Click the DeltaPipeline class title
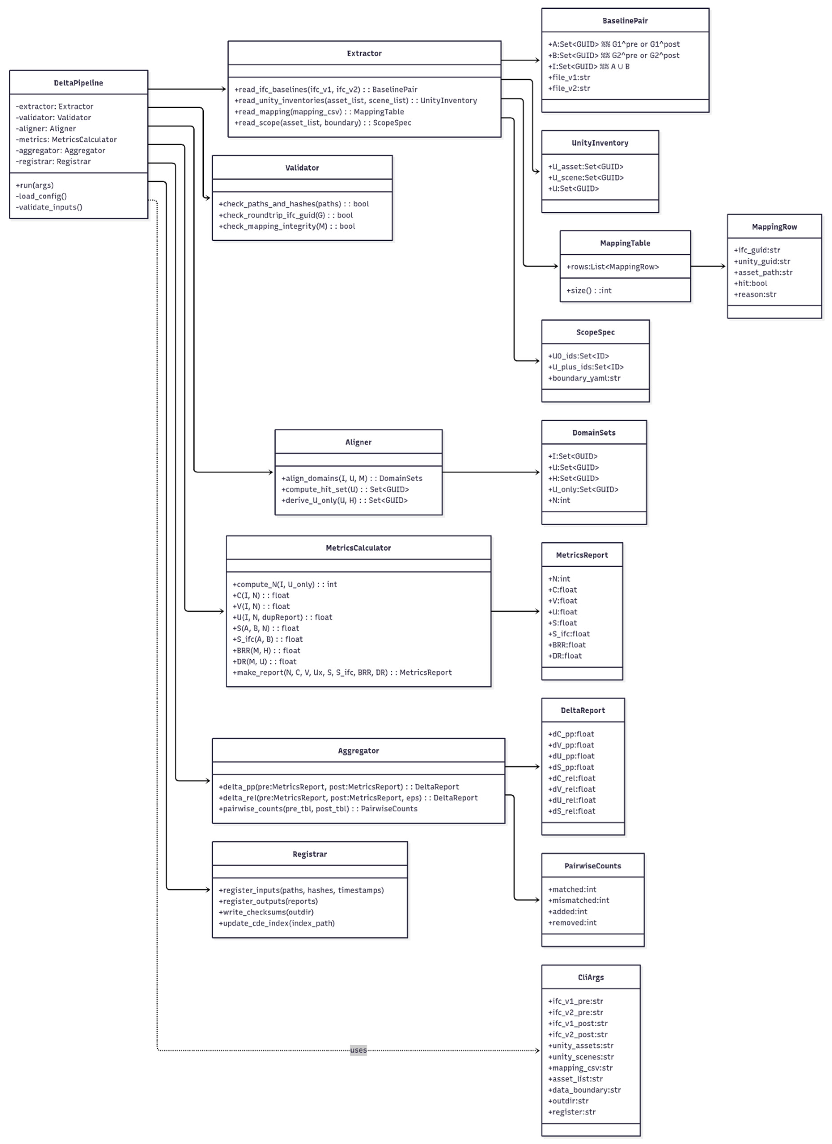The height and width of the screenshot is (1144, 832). point(78,83)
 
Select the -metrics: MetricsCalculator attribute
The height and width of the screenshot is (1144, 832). point(66,139)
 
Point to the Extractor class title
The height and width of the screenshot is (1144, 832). point(364,53)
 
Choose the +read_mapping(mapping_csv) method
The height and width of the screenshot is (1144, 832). point(319,111)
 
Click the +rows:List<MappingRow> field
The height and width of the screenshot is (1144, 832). point(612,267)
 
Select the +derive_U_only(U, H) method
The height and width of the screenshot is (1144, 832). point(344,500)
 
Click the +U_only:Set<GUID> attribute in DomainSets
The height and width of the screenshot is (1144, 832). point(583,489)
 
